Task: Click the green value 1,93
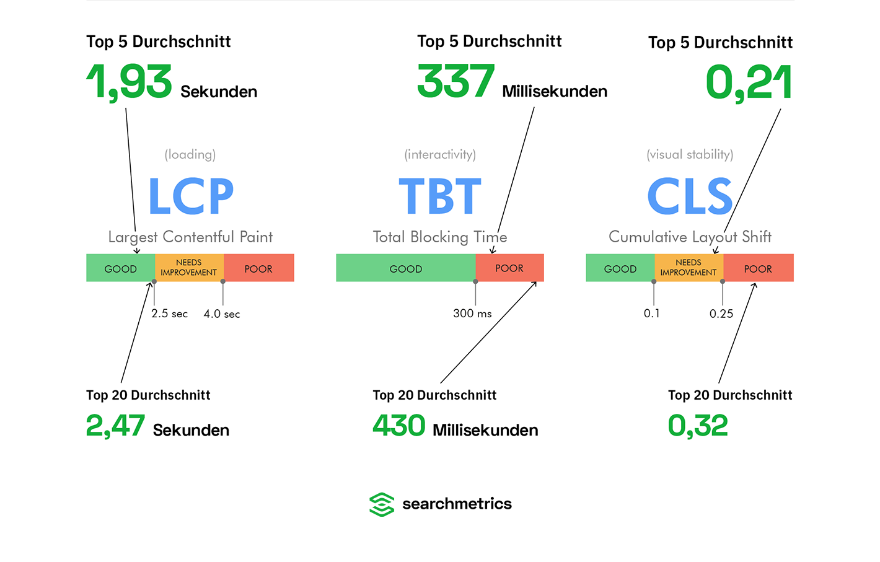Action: (x=129, y=82)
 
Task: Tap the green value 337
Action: (x=455, y=81)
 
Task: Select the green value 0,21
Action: (x=749, y=83)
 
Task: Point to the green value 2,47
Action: (x=115, y=426)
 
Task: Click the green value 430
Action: (x=398, y=425)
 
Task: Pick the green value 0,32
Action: (x=698, y=426)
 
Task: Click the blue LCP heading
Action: (x=191, y=196)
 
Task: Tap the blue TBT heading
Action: (x=440, y=196)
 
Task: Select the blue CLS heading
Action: (x=690, y=196)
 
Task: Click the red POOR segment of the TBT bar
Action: (x=509, y=268)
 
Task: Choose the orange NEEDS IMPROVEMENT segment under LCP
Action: (x=190, y=268)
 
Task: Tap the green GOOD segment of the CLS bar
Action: (x=620, y=268)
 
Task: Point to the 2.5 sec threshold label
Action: (x=169, y=314)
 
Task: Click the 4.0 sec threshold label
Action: (x=222, y=314)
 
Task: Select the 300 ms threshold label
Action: (x=472, y=314)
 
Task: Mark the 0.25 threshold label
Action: (x=721, y=314)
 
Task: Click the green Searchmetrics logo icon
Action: (x=382, y=504)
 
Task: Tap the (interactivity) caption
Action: (x=440, y=154)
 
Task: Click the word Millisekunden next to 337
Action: (x=555, y=92)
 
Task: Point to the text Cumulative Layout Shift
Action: (x=690, y=237)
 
